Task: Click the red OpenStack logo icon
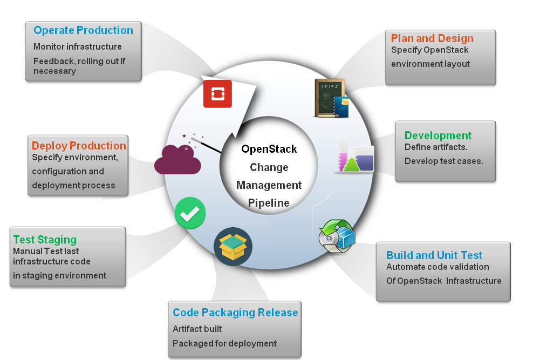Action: tap(217, 94)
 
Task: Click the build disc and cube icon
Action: tap(337, 236)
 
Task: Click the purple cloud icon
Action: tap(177, 160)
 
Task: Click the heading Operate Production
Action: tap(83, 31)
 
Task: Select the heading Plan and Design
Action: tap(432, 38)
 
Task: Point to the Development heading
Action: tap(438, 135)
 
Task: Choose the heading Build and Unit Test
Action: tap(434, 255)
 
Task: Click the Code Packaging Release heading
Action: tap(235, 313)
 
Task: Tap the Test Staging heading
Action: tap(45, 240)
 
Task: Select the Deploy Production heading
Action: tap(79, 146)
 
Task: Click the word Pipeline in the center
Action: tap(269, 203)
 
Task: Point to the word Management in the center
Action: tap(269, 185)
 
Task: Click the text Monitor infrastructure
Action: tap(77, 47)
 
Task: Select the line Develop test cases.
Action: tap(443, 161)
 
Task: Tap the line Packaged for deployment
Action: tap(224, 343)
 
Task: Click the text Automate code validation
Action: tap(438, 267)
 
